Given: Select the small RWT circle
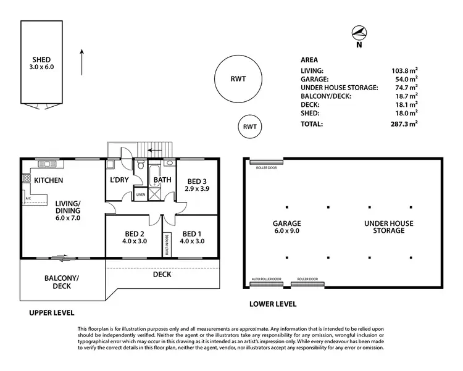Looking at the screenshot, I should [249, 127].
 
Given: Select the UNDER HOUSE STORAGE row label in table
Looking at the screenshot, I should [338, 88].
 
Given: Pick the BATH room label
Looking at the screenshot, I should [162, 180].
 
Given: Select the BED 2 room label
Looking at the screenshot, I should [133, 238].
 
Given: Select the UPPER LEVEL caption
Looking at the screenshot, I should [52, 313].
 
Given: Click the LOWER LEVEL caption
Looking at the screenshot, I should [272, 304].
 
